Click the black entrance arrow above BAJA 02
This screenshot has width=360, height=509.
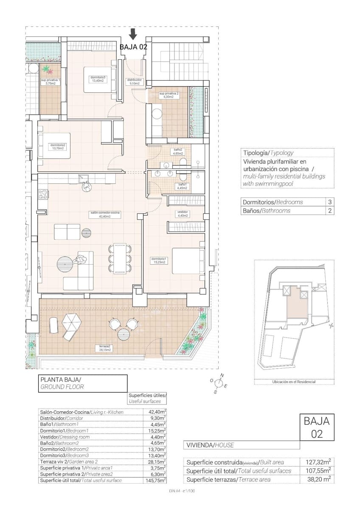click(x=133, y=34)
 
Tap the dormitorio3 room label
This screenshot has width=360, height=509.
click(x=98, y=77)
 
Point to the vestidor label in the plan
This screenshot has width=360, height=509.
click(x=183, y=212)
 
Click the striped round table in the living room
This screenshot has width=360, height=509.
click(x=86, y=232)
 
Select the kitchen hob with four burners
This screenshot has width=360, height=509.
click(x=43, y=195)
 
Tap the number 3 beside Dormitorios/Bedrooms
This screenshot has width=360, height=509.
click(x=329, y=202)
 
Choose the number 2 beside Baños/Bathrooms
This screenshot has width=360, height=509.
click(x=329, y=210)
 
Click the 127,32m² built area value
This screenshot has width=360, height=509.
click(x=318, y=462)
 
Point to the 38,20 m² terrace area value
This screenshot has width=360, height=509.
click(x=318, y=480)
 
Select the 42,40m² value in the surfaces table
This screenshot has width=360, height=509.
click(x=157, y=411)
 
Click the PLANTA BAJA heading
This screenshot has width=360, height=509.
click(x=60, y=380)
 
